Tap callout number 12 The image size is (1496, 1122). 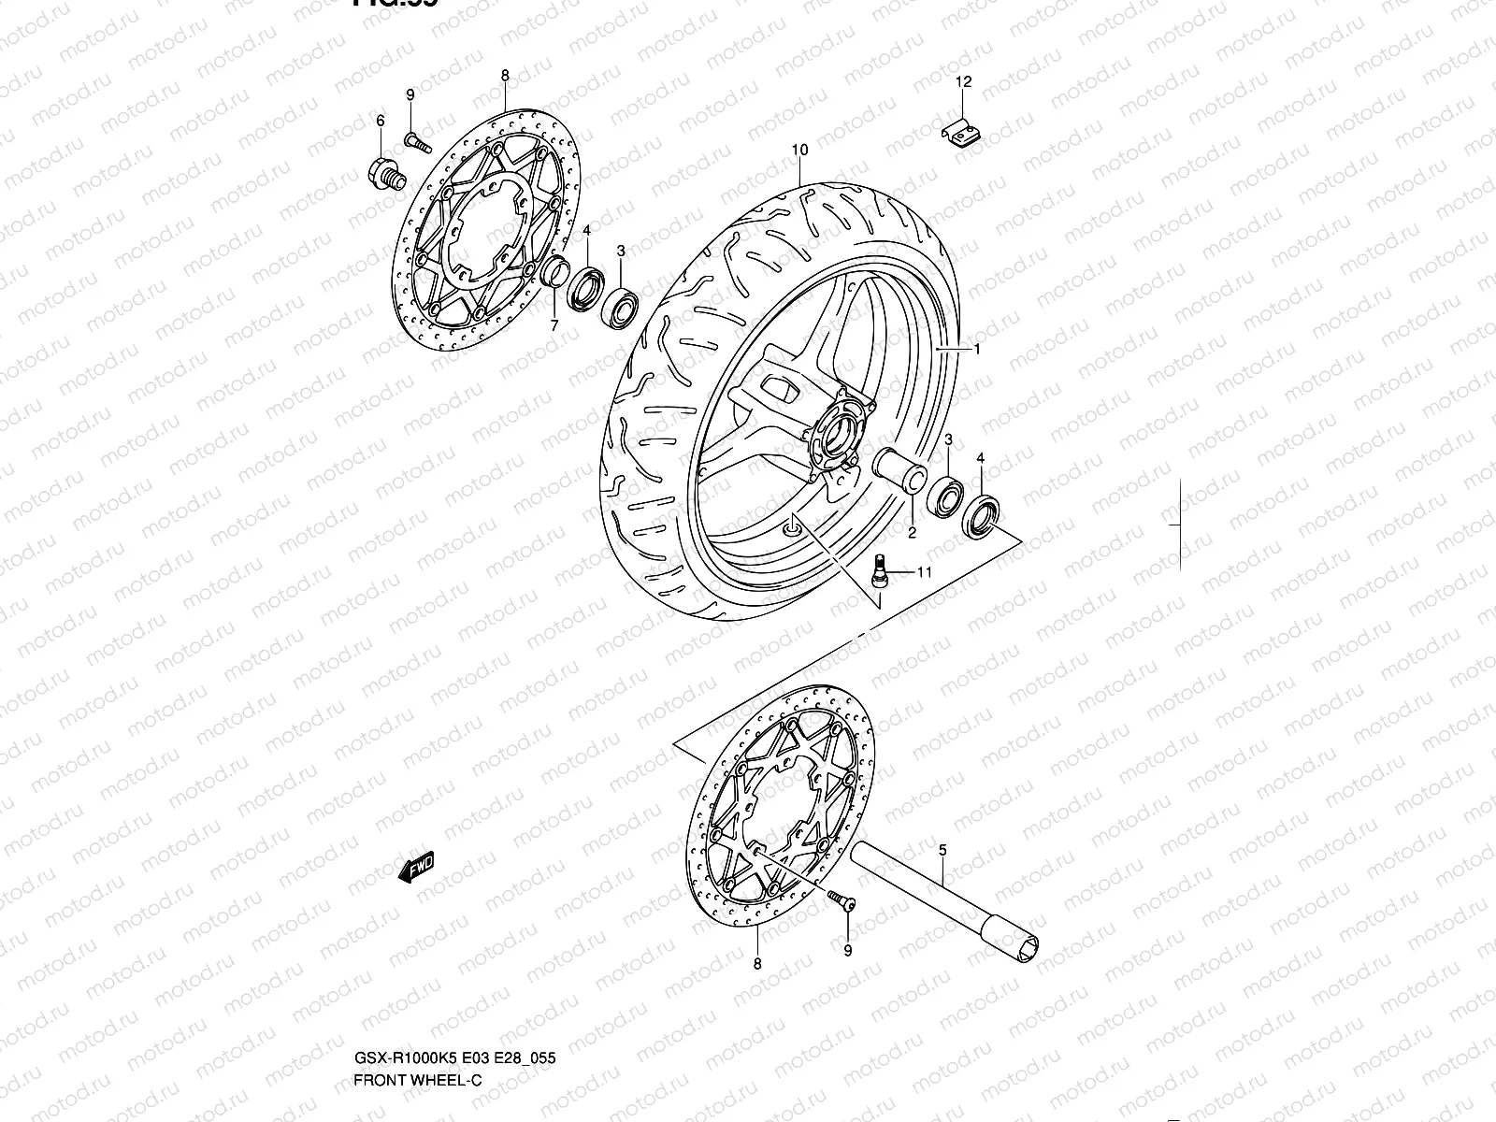coord(964,82)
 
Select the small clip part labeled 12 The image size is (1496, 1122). coord(960,134)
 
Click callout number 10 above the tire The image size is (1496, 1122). coord(798,150)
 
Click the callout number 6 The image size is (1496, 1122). coord(381,121)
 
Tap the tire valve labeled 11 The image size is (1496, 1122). coord(880,571)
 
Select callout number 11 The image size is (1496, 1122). coord(924,572)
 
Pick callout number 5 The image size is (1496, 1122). coord(942,850)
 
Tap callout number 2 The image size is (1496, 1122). coord(912,533)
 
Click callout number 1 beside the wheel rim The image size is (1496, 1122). coord(976,349)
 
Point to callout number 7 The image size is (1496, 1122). coord(554,325)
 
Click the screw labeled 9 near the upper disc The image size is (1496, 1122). coord(417,142)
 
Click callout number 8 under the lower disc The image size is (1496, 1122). coord(757,963)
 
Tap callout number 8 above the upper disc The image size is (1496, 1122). coord(505,75)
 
